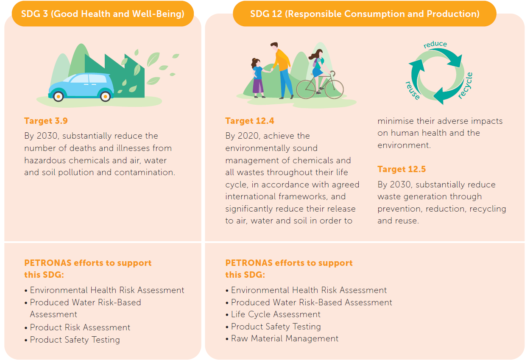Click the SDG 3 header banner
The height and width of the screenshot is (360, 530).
tap(103, 14)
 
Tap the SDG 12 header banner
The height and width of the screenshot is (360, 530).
tap(365, 14)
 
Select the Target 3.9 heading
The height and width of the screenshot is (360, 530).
tap(46, 121)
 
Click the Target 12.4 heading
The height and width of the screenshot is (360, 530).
tap(250, 121)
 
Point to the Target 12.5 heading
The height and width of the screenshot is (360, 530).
tap(402, 169)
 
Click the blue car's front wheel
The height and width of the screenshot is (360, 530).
tap(58, 96)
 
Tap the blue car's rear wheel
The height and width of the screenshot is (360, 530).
tap(105, 96)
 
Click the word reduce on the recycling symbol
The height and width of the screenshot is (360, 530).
tap(435, 44)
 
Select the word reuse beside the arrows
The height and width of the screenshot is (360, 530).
tap(413, 90)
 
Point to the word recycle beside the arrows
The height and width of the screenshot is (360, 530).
tap(466, 86)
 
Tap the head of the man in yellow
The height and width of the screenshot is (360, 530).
tap(274, 46)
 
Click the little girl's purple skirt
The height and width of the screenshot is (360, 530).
tap(258, 86)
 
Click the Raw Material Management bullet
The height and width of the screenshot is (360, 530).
tap(282, 338)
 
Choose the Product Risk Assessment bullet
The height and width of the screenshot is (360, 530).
tap(77, 327)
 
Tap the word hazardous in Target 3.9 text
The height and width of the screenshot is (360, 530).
tap(45, 160)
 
